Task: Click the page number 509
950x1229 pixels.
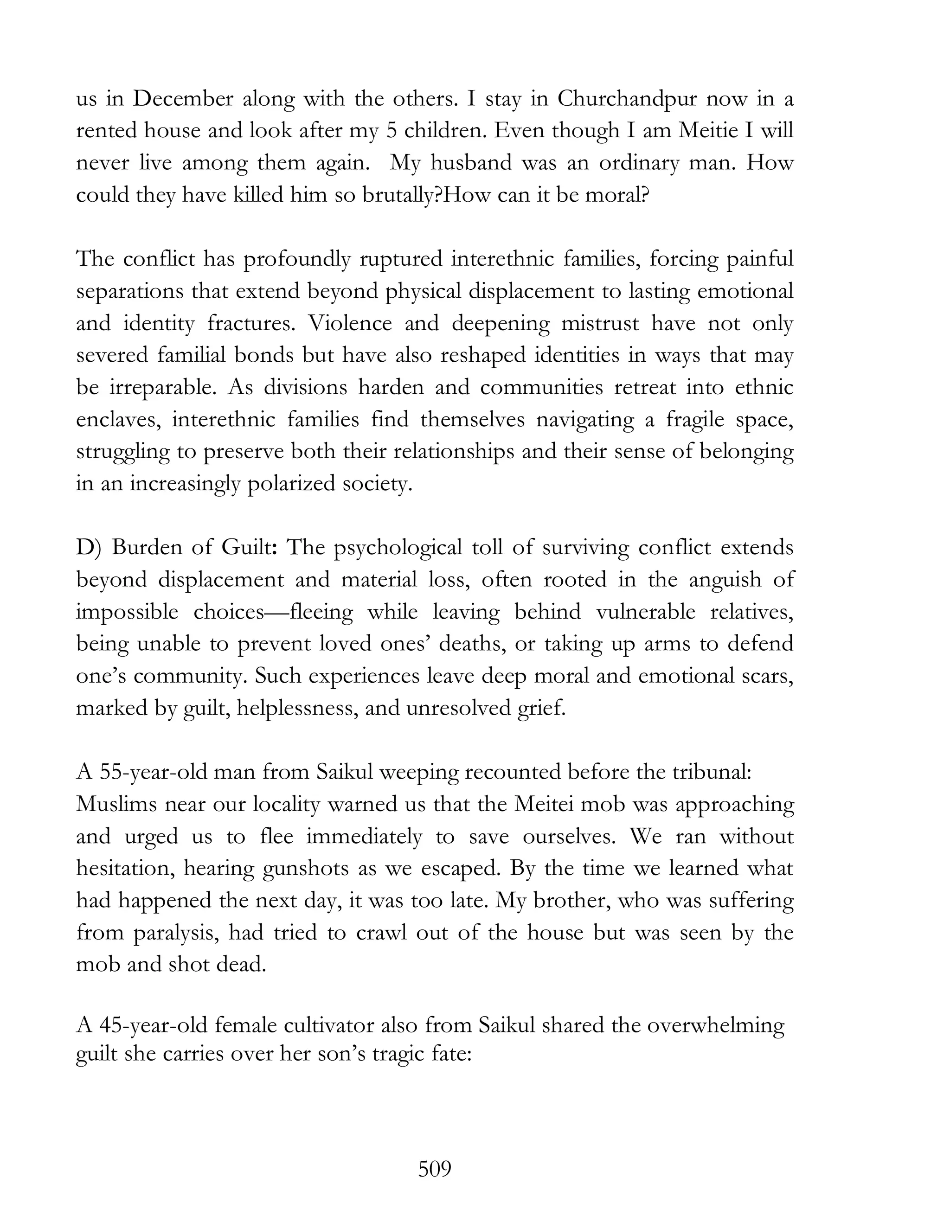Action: coord(435,1169)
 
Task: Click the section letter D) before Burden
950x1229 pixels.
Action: coord(90,548)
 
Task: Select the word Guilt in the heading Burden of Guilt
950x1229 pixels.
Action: coord(248,548)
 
